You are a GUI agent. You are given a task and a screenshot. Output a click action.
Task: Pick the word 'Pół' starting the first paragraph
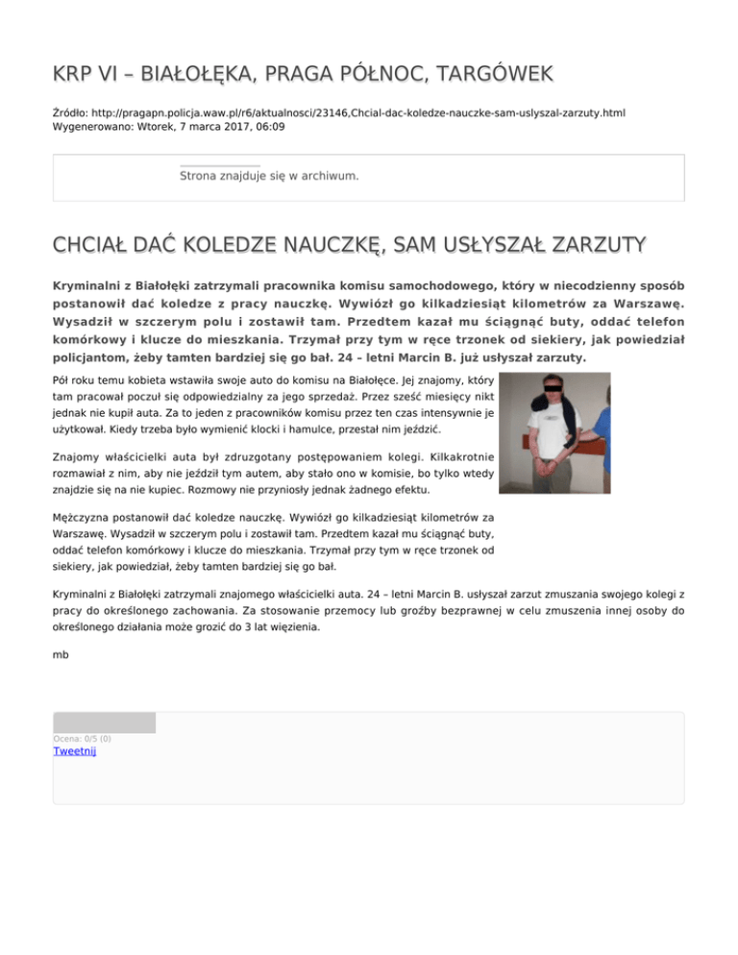pyautogui.click(x=64, y=380)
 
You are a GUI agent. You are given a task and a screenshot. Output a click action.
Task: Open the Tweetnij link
pyautogui.click(x=75, y=751)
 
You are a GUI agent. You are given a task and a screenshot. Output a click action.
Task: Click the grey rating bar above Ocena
pyautogui.click(x=104, y=722)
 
